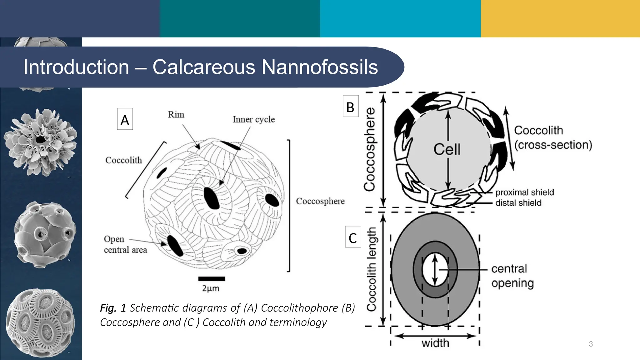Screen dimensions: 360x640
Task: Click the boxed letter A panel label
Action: pyautogui.click(x=125, y=119)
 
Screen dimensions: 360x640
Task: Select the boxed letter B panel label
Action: pyautogui.click(x=350, y=107)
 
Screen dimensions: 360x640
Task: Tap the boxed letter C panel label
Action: pyautogui.click(x=353, y=237)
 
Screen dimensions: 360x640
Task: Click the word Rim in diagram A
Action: pyautogui.click(x=176, y=115)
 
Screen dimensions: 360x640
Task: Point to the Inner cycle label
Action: pyautogui.click(x=253, y=119)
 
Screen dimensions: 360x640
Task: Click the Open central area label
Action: pyautogui.click(x=125, y=244)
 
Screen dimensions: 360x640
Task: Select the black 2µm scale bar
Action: pyautogui.click(x=212, y=279)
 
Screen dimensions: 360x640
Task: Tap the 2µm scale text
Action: pyautogui.click(x=211, y=288)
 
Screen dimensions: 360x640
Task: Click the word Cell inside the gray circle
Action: pyautogui.click(x=447, y=149)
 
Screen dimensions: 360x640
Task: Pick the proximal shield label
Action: pyautogui.click(x=524, y=192)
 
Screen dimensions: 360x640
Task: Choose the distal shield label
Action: pyautogui.click(x=518, y=203)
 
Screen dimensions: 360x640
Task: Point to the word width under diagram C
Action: pyautogui.click(x=435, y=343)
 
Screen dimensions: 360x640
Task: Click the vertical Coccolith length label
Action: pyautogui.click(x=371, y=269)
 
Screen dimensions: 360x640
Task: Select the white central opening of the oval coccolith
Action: pyautogui.click(x=435, y=269)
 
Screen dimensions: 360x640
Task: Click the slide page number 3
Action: pyautogui.click(x=591, y=344)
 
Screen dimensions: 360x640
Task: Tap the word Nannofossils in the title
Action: pyautogui.click(x=319, y=67)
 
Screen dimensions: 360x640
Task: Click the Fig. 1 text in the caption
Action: pyautogui.click(x=113, y=308)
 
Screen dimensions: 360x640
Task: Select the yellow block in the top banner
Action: pyautogui.click(x=560, y=18)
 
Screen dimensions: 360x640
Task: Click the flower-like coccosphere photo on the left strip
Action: pyautogui.click(x=41, y=142)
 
